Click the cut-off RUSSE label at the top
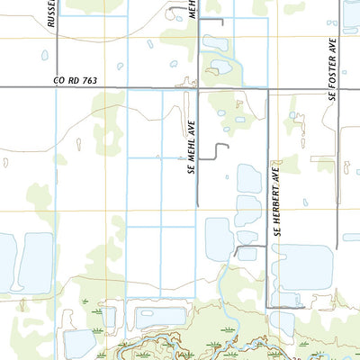[x=53, y=13]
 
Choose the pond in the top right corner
[x=351, y=13]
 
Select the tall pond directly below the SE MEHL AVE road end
[x=219, y=239]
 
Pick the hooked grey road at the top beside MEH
[x=214, y=20]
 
